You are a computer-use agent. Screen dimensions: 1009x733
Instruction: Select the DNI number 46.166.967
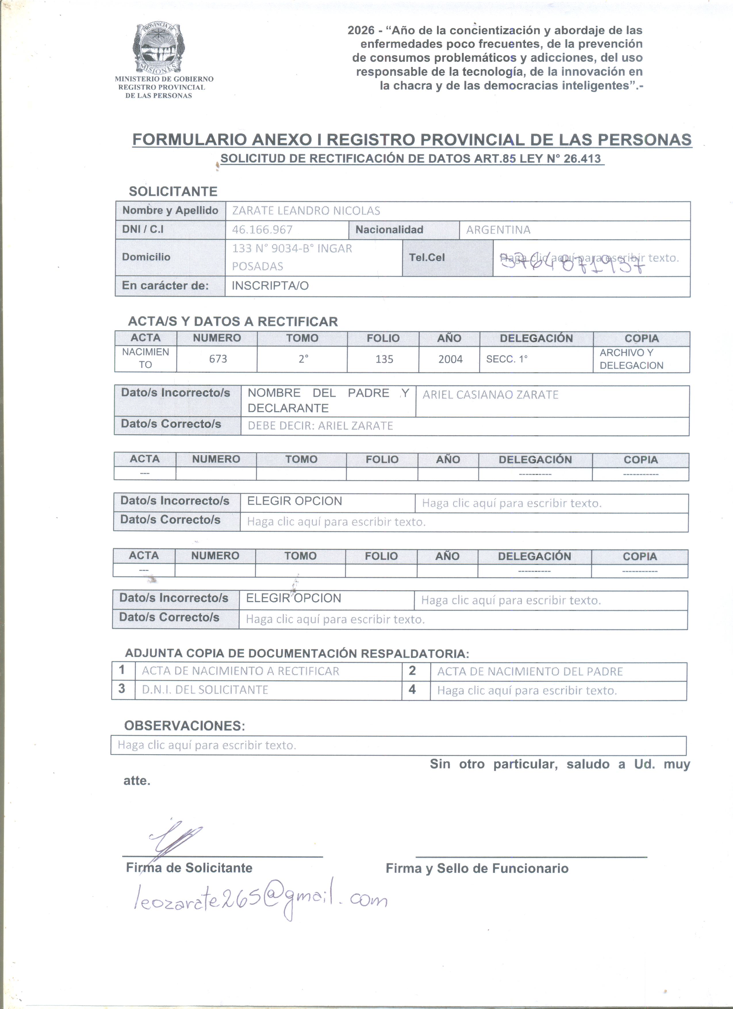262,230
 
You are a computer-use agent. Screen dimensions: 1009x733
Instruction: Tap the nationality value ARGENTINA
498,230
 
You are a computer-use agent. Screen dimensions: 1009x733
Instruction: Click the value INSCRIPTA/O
270,286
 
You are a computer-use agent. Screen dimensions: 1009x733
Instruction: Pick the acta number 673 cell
218,359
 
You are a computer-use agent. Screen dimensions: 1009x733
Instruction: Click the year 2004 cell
450,359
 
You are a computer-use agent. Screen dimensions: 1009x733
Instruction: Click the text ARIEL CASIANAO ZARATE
490,395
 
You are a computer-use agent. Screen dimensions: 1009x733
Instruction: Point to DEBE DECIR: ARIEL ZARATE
320,426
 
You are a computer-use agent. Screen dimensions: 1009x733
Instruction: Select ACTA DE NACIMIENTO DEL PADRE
530,671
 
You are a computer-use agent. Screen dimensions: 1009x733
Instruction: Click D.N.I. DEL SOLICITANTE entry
205,690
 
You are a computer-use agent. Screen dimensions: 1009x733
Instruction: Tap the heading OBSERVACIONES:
185,726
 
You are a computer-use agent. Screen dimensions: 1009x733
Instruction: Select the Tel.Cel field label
427,258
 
